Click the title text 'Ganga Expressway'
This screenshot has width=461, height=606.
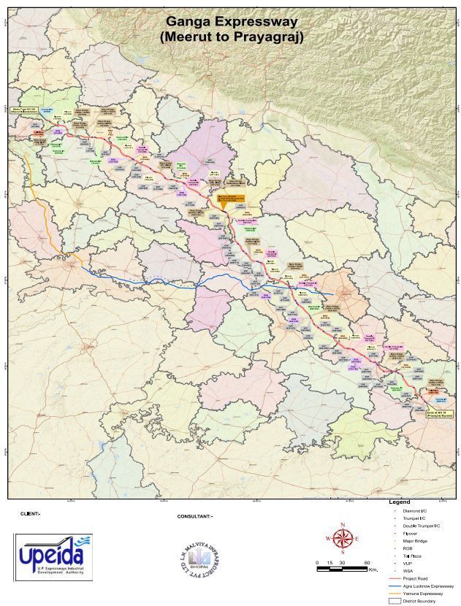pyautogui.click(x=231, y=22)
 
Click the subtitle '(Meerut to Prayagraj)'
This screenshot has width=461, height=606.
pyautogui.click(x=231, y=36)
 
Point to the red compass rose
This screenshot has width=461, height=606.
pyautogui.click(x=342, y=539)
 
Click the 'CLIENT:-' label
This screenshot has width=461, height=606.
pyautogui.click(x=31, y=514)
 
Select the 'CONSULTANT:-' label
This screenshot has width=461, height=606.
pyautogui.click(x=195, y=516)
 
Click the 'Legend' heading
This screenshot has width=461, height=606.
pyautogui.click(x=400, y=503)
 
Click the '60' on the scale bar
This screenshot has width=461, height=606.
pyautogui.click(x=367, y=562)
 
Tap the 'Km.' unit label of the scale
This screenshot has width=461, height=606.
pyautogui.click(x=373, y=569)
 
